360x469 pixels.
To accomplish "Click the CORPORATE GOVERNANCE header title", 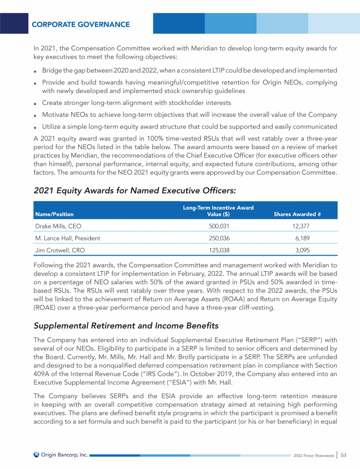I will point(81,24).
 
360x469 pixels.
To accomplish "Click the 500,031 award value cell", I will point(218,226).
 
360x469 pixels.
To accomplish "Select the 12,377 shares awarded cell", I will point(299,226).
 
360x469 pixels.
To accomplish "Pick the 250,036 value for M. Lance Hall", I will point(218,238).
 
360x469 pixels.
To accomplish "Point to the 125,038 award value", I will point(218,250).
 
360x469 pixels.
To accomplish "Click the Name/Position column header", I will point(54,214).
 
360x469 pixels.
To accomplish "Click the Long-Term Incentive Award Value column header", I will point(218,211).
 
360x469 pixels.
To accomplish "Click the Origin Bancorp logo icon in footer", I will point(37,454).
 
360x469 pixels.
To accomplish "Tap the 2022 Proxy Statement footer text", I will point(312,455).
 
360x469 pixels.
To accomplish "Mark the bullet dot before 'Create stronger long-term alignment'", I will point(36,103).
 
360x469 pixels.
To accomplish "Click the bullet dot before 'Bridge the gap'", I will point(36,71).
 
